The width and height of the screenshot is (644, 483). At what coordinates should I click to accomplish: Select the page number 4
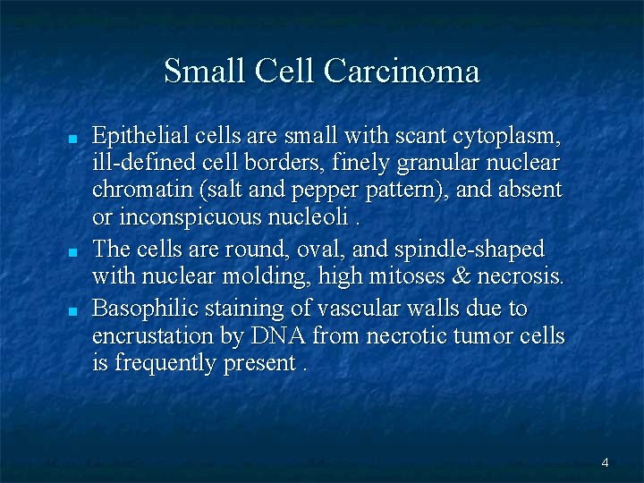tap(606, 462)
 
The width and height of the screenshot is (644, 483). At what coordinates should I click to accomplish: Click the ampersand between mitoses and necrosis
tap(472, 275)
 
